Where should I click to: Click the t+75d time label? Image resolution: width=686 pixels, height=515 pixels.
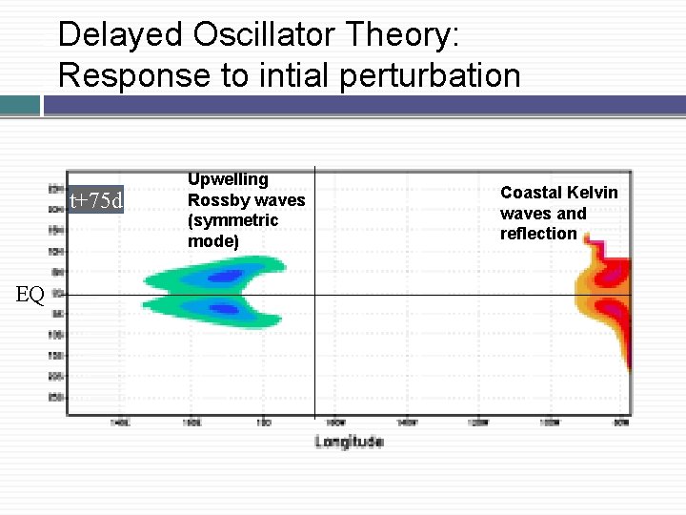coord(96,200)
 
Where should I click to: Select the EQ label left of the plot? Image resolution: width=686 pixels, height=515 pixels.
coord(30,295)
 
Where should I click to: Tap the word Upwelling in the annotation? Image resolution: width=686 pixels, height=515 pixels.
coord(228,179)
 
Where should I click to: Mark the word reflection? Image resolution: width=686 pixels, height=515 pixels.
coord(538,234)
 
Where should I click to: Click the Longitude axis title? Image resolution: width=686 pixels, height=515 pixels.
coord(349,442)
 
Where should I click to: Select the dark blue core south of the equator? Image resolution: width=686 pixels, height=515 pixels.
coord(224,309)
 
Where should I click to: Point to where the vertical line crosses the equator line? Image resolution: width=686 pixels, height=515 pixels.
coord(314,295)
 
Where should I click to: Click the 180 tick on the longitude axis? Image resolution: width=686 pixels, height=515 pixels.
coord(264,422)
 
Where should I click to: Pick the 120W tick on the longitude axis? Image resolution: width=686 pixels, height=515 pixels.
coord(479,422)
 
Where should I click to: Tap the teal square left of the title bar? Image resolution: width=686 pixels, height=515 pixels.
coord(20,104)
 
